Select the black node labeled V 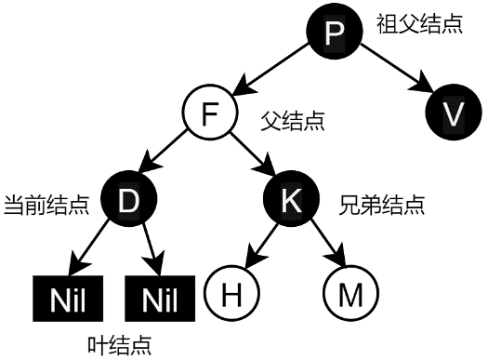tap(452, 113)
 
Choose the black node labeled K tap(291, 198)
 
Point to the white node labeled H tap(232, 294)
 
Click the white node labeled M tap(349, 294)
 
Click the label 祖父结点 tap(418, 24)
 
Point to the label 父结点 tap(293, 121)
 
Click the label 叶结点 tap(119, 343)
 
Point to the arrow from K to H tap(264, 245)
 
